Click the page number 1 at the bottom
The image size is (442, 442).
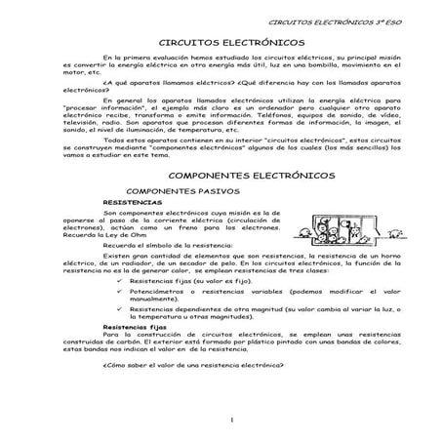point(221,421)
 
